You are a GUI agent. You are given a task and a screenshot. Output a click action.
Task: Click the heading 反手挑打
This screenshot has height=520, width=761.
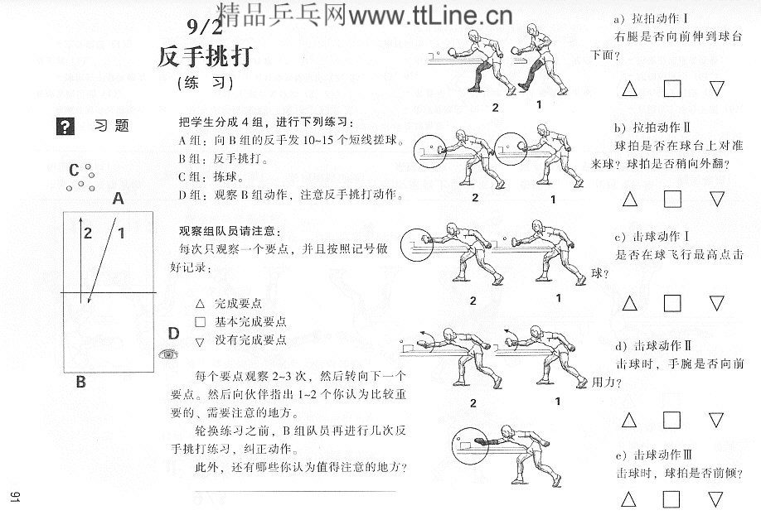tap(206, 56)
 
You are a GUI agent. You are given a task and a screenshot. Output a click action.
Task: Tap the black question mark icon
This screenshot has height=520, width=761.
tap(65, 127)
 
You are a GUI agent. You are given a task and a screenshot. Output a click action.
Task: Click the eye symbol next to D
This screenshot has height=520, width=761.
tap(169, 354)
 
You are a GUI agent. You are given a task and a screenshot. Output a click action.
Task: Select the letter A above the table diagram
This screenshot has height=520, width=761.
tap(119, 199)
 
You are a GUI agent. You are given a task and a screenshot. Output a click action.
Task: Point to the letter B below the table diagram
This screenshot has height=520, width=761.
tap(81, 382)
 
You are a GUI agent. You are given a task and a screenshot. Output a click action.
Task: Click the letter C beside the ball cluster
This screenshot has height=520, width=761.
tap(74, 170)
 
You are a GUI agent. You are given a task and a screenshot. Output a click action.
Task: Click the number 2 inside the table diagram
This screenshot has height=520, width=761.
tap(87, 234)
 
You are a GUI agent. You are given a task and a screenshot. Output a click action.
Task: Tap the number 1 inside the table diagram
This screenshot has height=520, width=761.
tap(121, 234)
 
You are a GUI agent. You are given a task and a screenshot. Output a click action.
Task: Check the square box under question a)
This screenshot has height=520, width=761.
tap(672, 88)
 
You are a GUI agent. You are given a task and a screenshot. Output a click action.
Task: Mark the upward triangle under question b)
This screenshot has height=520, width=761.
tap(629, 199)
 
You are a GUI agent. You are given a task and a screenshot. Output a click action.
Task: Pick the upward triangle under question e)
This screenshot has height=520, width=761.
tap(629, 498)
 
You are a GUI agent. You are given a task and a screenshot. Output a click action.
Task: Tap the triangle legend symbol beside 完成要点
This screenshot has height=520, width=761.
tap(199, 304)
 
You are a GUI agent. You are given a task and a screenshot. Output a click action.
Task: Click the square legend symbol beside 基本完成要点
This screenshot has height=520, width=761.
tap(199, 322)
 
